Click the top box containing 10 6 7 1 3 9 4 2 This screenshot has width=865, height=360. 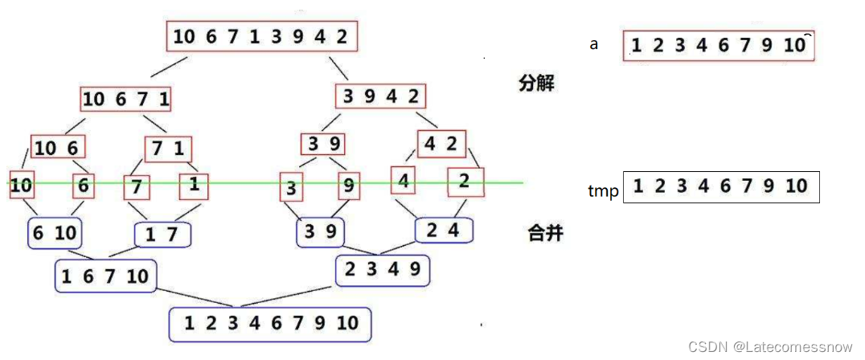[262, 37]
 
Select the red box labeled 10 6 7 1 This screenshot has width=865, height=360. [126, 99]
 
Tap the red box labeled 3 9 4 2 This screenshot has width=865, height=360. [380, 97]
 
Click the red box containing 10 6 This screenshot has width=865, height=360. [58, 148]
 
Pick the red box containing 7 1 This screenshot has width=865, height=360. [169, 149]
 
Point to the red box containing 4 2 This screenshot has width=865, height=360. [441, 144]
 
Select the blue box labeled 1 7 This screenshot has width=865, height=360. [164, 235]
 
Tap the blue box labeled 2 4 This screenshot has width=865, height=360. [444, 231]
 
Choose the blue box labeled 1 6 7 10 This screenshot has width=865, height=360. [105, 276]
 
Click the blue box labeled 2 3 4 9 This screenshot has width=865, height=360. [382, 270]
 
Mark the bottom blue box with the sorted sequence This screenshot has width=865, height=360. [270, 324]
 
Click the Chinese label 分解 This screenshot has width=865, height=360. [538, 83]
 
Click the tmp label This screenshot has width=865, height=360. [603, 191]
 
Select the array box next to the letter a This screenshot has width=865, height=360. [719, 46]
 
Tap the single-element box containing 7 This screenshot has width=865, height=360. [137, 187]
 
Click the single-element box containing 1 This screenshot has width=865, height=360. [194, 185]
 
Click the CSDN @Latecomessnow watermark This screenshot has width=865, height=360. [770, 346]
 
